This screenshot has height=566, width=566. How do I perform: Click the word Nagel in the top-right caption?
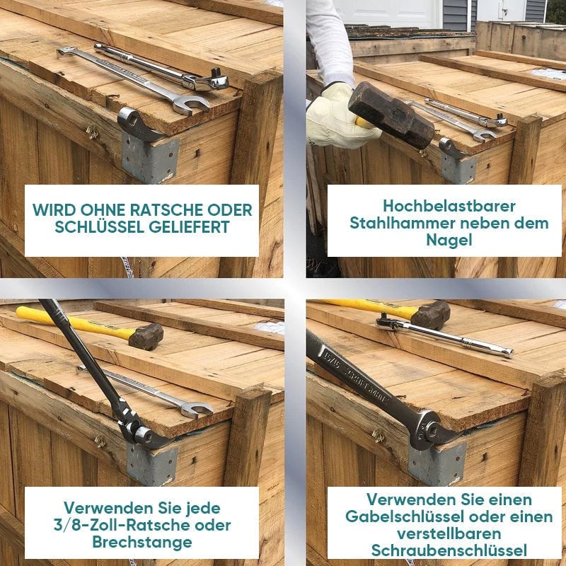point(449,241)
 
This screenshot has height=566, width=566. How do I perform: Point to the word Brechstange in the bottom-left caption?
point(142,542)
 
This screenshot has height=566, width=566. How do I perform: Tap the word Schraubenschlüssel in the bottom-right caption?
point(449,551)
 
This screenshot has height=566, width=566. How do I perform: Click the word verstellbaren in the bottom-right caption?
point(449,534)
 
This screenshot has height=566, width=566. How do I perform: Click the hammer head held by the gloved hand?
point(391,115)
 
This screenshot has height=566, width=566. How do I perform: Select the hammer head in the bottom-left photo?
point(146,337)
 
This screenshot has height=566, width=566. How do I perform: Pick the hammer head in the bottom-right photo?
point(431,315)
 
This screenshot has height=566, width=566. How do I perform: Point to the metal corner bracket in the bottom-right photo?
point(437,465)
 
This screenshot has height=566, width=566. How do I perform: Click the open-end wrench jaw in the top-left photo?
point(191,105)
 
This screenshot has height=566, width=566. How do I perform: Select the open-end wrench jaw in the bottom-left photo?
point(197,410)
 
